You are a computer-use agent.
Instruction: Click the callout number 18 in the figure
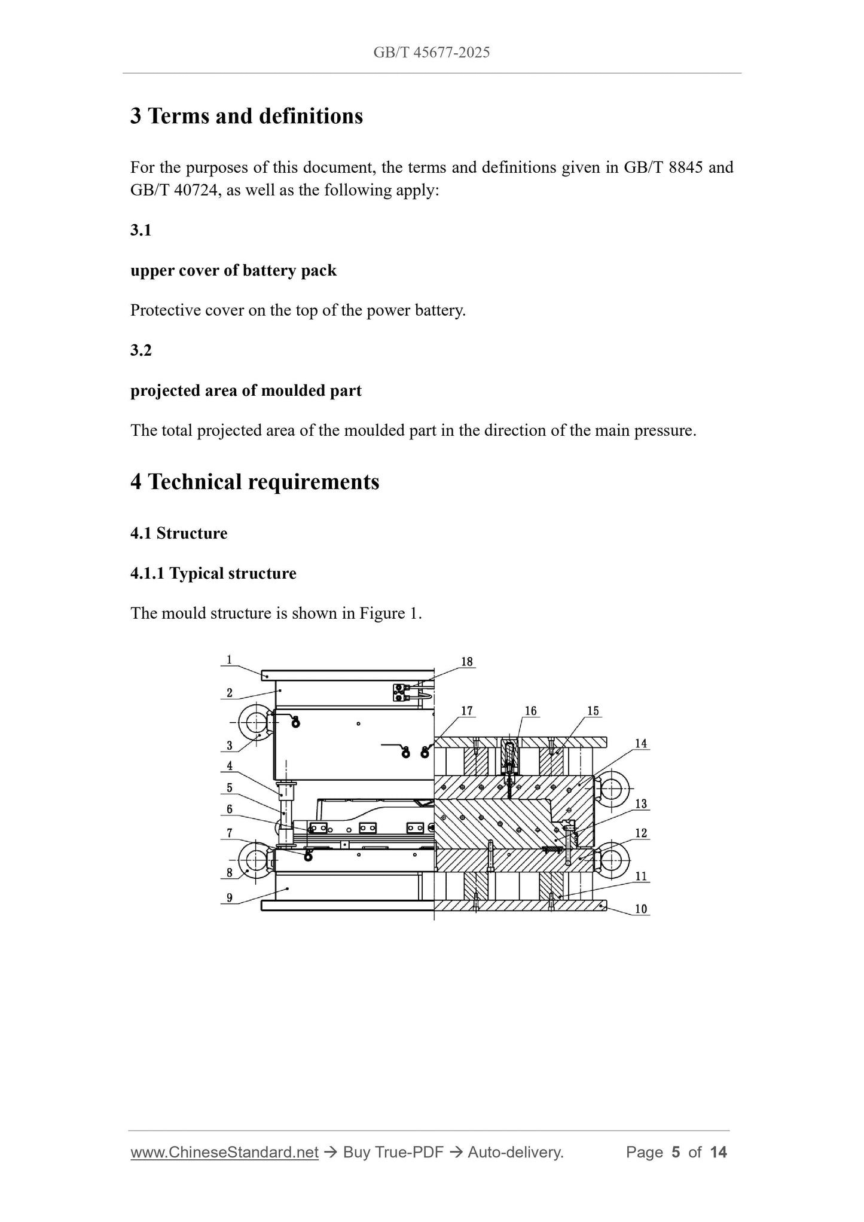pyautogui.click(x=467, y=662)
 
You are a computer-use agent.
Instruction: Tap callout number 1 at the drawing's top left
pyautogui.click(x=230, y=660)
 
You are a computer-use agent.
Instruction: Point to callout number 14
pyautogui.click(x=641, y=744)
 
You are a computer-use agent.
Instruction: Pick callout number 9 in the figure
pyautogui.click(x=230, y=898)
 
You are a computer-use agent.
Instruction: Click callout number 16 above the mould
pyautogui.click(x=531, y=711)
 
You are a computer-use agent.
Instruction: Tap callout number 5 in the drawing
pyautogui.click(x=230, y=788)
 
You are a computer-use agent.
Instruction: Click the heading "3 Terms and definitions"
pyautogui.click(x=246, y=116)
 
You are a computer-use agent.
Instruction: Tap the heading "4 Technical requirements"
pyautogui.click(x=255, y=482)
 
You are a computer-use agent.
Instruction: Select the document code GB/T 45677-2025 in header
pyautogui.click(x=432, y=53)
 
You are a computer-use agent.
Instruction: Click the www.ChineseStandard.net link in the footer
pyautogui.click(x=224, y=1153)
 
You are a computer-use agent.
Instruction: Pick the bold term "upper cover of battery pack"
pyautogui.click(x=233, y=271)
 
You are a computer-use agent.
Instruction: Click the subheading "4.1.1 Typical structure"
pyautogui.click(x=213, y=573)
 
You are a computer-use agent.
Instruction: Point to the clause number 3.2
pyautogui.click(x=141, y=350)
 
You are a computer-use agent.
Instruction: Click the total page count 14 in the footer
pyautogui.click(x=718, y=1153)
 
